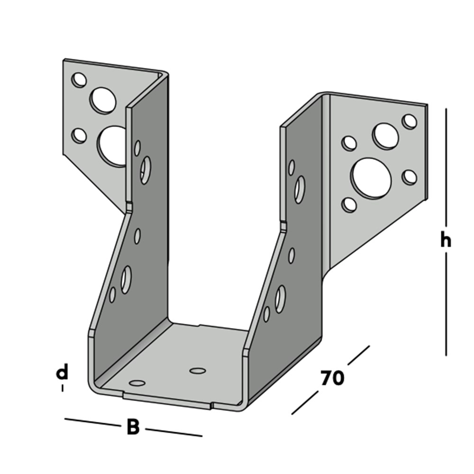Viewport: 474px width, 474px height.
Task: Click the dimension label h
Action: pos(445,241)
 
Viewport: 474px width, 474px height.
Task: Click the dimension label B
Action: pos(133,427)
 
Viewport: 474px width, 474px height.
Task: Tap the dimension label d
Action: pos(62,372)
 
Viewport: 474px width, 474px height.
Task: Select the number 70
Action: pos(332,378)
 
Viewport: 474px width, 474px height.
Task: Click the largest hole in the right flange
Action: pos(371,179)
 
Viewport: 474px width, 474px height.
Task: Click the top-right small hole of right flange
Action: pos(410,121)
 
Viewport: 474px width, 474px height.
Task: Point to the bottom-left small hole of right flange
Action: pos(349,205)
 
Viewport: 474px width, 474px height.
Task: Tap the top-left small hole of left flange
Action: pos(79,80)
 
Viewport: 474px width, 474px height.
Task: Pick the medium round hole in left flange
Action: pos(103,100)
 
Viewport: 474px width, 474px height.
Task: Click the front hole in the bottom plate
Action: pos(137,383)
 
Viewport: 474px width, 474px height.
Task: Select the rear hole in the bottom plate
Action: pos(198,371)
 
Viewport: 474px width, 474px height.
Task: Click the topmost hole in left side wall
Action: pos(137,148)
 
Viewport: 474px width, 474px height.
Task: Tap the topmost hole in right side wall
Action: pos(292,168)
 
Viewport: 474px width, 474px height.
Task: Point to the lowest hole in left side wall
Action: pos(112,295)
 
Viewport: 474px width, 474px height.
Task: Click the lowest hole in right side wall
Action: pos(266,314)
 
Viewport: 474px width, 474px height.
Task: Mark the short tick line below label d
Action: pos(62,388)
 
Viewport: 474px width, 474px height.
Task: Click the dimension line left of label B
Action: pos(93,422)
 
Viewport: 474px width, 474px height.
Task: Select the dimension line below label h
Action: pos(446,304)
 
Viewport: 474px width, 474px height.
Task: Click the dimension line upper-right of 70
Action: pos(358,355)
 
